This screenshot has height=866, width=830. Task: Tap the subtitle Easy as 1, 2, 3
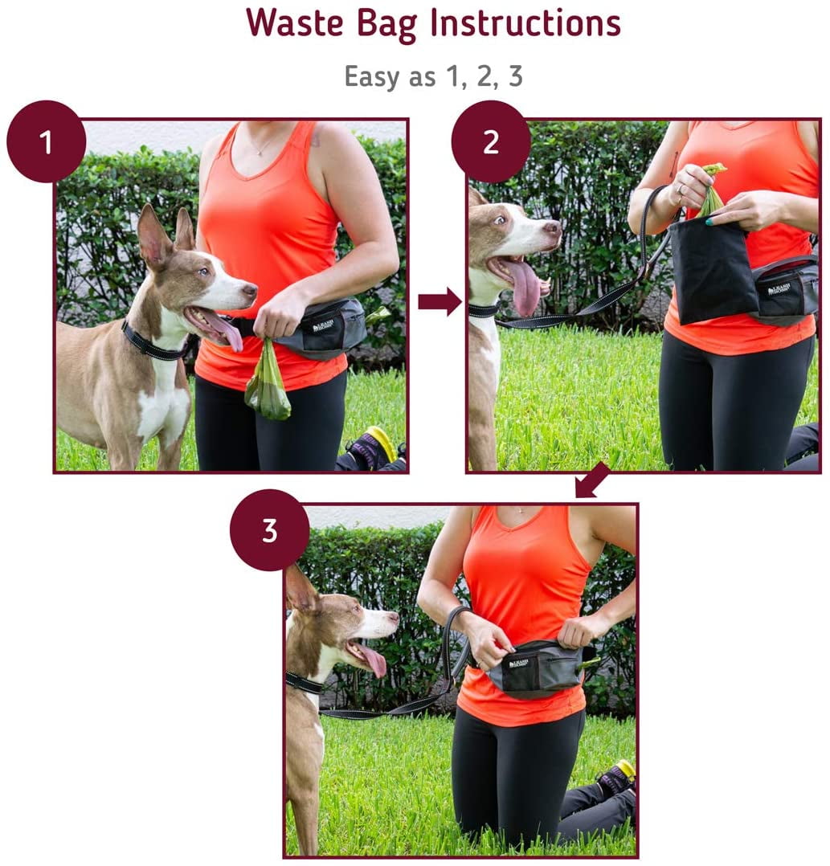pos(433,76)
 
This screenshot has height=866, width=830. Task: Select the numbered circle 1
pos(46,142)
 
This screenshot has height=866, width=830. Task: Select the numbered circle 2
pos(490,142)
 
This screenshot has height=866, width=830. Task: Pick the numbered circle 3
pos(269,531)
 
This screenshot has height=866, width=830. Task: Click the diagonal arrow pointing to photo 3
pos(592,481)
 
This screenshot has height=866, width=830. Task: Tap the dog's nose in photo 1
pos(251,288)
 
